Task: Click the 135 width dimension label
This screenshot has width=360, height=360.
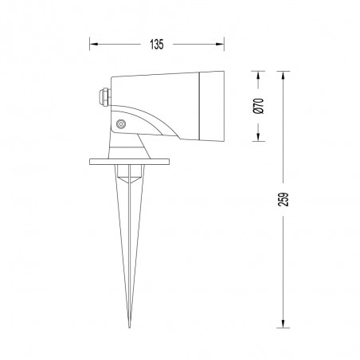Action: (156, 45)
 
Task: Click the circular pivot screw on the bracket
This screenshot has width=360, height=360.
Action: (121, 124)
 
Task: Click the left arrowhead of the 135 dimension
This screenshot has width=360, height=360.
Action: (92, 45)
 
